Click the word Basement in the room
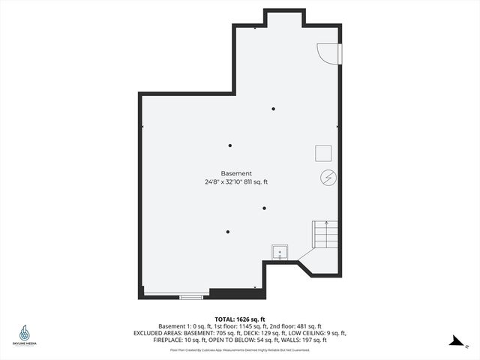pyautogui.click(x=236, y=173)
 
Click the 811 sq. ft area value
pyautogui.click(x=256, y=182)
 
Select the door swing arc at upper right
pyautogui.click(x=327, y=53)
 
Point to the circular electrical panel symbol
pyautogui.click(x=328, y=178)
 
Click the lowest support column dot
pyautogui.click(x=227, y=232)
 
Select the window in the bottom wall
pyautogui.click(x=191, y=297)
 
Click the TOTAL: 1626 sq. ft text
pyautogui.click(x=239, y=319)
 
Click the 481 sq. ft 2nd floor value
pyautogui.click(x=309, y=326)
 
